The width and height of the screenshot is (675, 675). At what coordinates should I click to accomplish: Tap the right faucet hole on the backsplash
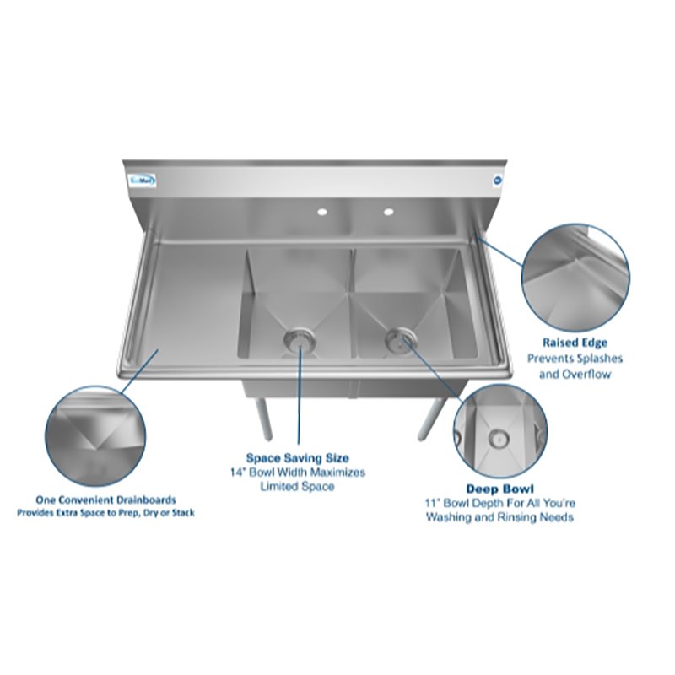pyautogui.click(x=388, y=210)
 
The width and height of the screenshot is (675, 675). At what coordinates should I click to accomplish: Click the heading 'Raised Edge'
pyautogui.click(x=575, y=343)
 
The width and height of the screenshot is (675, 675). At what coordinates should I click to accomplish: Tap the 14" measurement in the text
pyautogui.click(x=238, y=472)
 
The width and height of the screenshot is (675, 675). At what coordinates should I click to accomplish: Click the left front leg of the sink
pyautogui.click(x=264, y=417)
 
